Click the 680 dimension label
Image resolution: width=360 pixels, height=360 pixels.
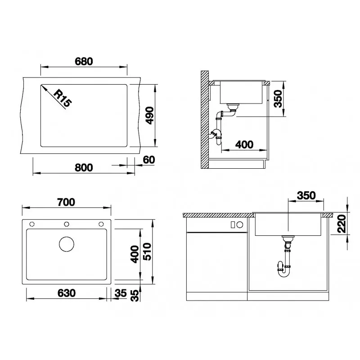click(84, 62)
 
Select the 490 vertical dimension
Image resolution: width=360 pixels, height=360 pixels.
click(150, 116)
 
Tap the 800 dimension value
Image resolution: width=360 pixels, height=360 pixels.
click(84, 167)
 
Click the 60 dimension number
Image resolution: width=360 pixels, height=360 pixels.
click(149, 160)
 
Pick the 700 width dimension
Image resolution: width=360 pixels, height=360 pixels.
click(66, 202)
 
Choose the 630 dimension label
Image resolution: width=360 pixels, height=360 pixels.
click(67, 293)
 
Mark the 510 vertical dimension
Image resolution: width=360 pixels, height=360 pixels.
click(147, 252)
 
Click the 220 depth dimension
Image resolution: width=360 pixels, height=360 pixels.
click(342, 224)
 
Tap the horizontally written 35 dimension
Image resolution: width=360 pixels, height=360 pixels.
click(121, 293)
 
